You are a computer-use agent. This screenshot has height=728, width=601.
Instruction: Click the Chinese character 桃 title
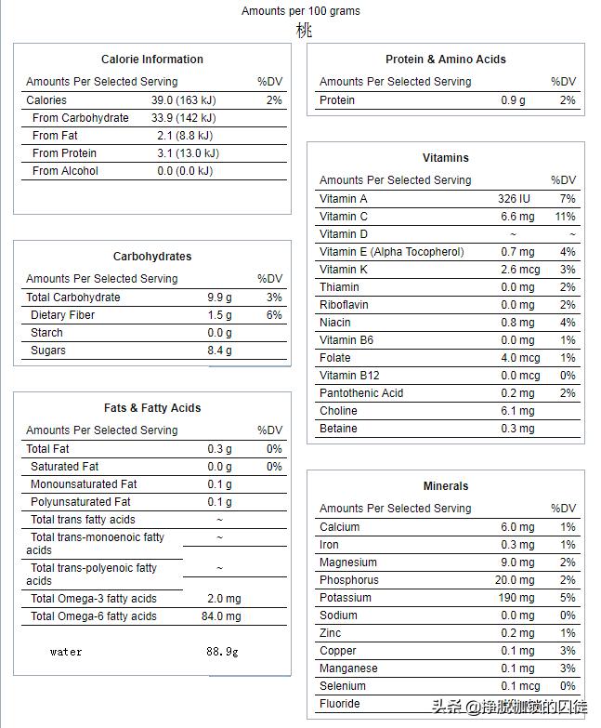(304, 30)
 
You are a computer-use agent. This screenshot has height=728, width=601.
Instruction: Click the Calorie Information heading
(152, 60)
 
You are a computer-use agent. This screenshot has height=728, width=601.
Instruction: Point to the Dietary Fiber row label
(63, 315)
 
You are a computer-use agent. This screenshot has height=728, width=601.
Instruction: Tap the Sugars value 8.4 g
(219, 351)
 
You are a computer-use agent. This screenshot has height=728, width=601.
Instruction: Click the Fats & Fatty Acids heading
(152, 408)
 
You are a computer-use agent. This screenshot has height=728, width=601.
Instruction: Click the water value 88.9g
(222, 652)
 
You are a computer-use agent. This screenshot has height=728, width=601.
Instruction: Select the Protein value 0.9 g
(513, 100)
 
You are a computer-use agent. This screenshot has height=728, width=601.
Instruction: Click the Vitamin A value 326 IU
(514, 199)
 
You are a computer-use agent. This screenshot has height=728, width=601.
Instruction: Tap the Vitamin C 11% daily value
(565, 217)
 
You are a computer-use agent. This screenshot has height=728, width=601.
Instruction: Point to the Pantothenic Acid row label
(361, 393)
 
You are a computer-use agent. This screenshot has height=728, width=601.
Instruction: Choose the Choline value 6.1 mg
(517, 411)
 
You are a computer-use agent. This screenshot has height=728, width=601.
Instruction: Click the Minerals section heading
(446, 486)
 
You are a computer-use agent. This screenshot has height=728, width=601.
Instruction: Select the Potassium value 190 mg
(516, 598)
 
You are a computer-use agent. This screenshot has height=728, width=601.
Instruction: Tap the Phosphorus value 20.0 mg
(515, 580)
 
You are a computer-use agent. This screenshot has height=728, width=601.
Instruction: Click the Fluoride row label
(340, 704)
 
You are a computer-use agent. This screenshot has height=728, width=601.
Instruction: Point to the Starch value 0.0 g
(219, 333)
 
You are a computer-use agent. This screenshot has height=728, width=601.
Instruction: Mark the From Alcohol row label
(65, 171)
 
